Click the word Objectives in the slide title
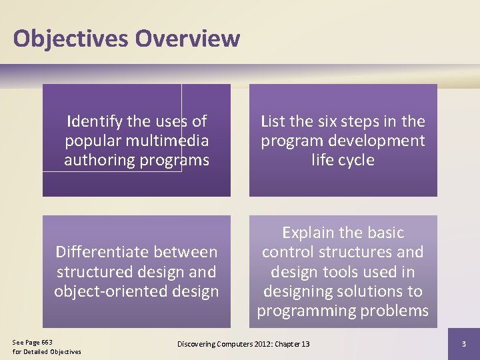click(71, 39)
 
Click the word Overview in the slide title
click(187, 39)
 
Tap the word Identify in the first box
click(95, 121)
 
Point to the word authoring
click(98, 160)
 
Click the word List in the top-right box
click(273, 121)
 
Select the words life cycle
click(343, 160)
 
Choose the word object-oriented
click(111, 291)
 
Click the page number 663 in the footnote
click(46, 342)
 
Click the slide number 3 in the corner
click(464, 343)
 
